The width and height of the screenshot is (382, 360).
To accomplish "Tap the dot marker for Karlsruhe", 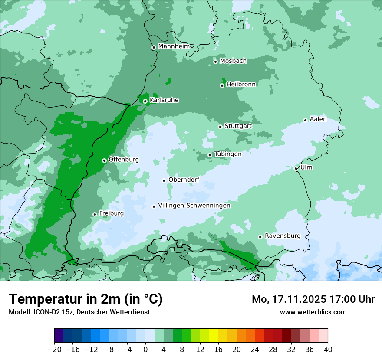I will coord(145,101).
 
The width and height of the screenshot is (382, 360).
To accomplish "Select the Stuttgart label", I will coord(238,126).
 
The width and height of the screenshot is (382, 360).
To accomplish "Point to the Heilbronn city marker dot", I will coord(222,85).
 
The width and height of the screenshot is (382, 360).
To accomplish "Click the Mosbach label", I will coord(233,61).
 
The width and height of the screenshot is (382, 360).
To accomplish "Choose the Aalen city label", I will coord(318,119).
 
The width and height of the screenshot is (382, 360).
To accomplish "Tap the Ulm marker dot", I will coord(296,168).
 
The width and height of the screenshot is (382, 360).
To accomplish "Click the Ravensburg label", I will coord(282,236).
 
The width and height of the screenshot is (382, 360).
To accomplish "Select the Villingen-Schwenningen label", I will coord(194,206).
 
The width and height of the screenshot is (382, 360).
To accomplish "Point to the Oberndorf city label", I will coord(184,180).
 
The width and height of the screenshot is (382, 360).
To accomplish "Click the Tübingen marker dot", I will coord(210,155).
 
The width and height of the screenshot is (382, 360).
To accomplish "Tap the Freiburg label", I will coord(111,213).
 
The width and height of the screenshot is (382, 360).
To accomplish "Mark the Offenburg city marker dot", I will coord(104,160).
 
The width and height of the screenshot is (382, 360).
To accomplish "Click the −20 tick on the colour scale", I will coord(55,350).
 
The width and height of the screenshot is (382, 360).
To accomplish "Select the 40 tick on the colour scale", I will coord(328,350).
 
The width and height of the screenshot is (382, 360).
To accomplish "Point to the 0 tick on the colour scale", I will coord(145,350).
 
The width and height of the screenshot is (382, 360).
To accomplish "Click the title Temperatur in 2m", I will coord(86,299).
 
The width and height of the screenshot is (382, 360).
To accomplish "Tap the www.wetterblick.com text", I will coord(313,312).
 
